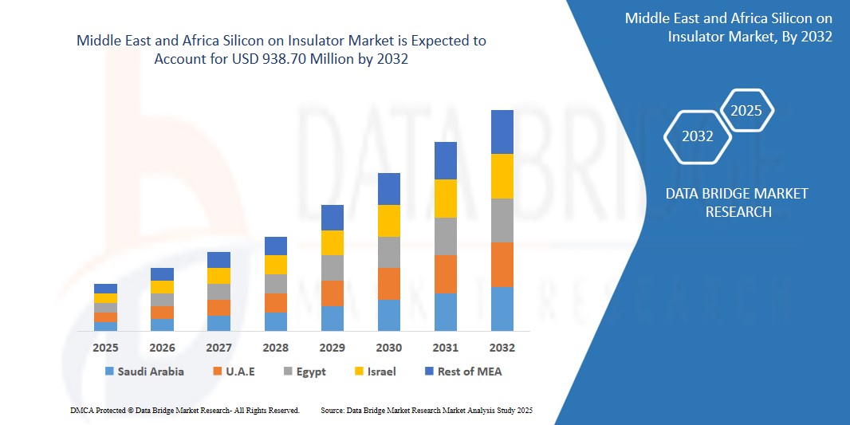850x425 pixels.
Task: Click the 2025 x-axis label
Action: [x=105, y=348]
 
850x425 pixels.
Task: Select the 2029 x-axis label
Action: [x=333, y=348]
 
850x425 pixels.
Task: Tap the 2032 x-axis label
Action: [x=502, y=348]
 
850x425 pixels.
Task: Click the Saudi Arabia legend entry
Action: [x=144, y=372]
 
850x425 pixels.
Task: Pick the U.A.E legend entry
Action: [x=234, y=372]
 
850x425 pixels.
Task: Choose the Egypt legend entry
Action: [x=305, y=372]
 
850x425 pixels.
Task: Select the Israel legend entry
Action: [x=374, y=372]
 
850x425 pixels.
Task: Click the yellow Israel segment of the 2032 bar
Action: [x=502, y=176]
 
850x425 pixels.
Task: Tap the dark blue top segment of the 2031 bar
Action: [x=446, y=160]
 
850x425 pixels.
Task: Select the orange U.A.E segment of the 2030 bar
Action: [x=389, y=284]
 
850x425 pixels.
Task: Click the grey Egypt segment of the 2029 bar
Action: [x=333, y=268]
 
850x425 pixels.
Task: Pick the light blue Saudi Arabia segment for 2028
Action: [x=276, y=321]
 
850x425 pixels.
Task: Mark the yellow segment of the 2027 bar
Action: [x=219, y=276]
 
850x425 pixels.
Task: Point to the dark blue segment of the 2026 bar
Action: [x=163, y=274]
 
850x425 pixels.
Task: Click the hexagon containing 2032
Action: [x=698, y=136]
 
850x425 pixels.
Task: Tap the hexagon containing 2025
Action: [x=747, y=111]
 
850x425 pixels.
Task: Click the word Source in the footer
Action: [x=332, y=410]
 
